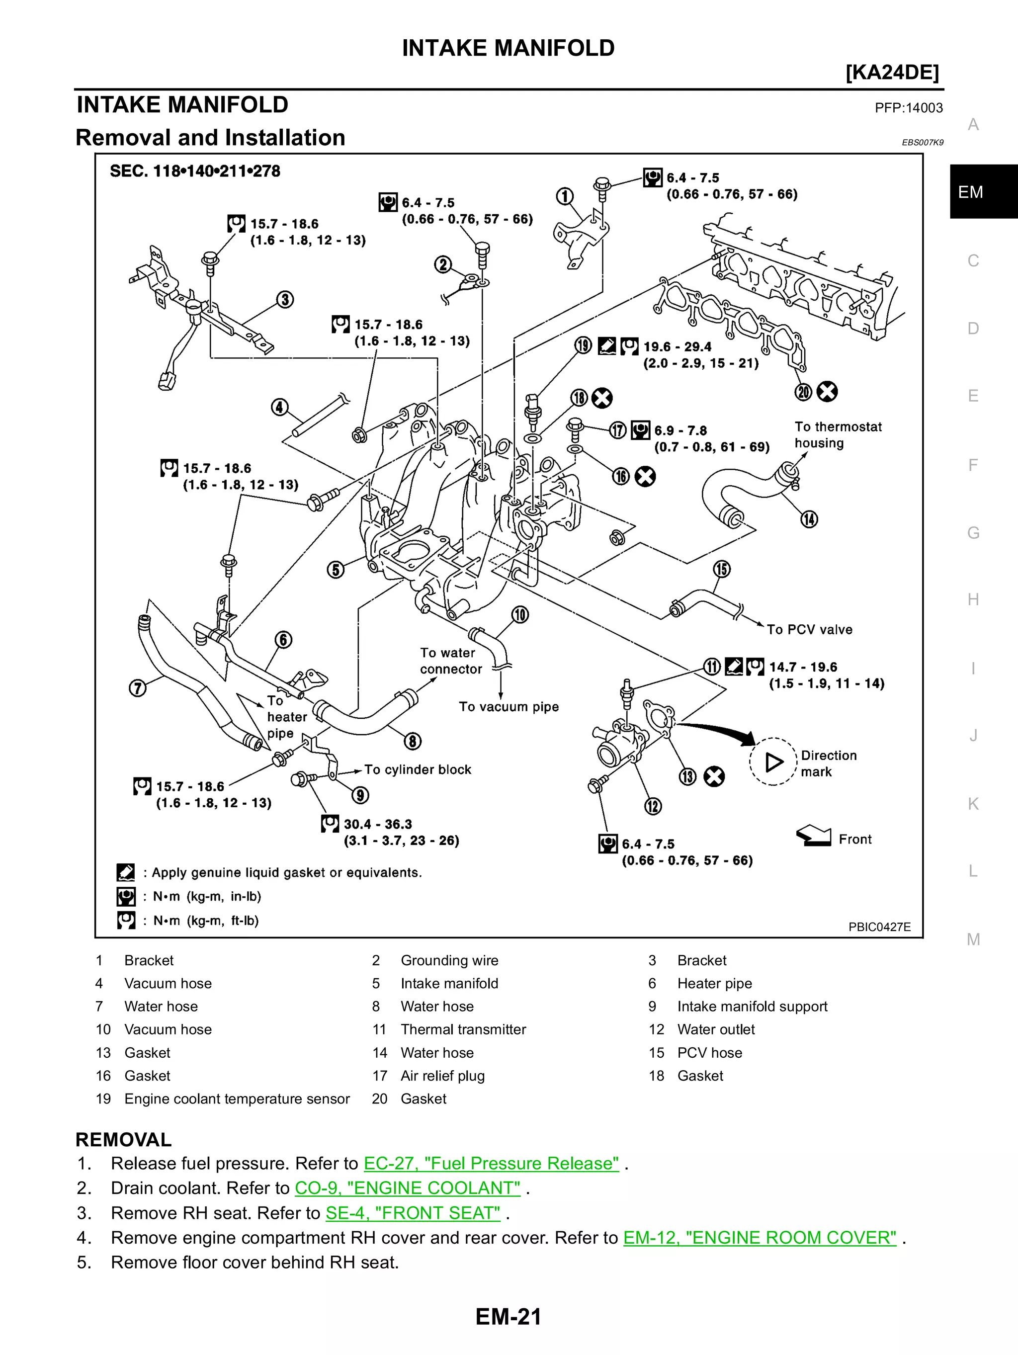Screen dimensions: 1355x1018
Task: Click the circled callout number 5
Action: [x=335, y=570]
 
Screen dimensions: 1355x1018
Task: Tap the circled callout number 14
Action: [x=809, y=519]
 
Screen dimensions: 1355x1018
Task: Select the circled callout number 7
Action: [x=138, y=688]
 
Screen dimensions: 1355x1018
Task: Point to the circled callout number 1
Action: [x=564, y=197]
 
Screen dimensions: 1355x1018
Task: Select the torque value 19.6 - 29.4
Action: [x=677, y=347]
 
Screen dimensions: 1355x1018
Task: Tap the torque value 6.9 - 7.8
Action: [x=680, y=430]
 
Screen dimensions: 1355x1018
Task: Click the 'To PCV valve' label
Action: [x=809, y=629]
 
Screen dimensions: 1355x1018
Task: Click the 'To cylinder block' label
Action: [x=418, y=769]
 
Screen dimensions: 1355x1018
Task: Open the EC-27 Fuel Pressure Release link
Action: [x=491, y=1163]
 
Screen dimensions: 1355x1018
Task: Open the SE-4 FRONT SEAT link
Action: [x=412, y=1213]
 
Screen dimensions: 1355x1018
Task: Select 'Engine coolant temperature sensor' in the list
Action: [x=237, y=1099]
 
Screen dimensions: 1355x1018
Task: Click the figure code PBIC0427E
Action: [x=879, y=927]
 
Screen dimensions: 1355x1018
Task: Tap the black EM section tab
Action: [x=983, y=192]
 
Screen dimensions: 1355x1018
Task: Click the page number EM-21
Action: [x=509, y=1316]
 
